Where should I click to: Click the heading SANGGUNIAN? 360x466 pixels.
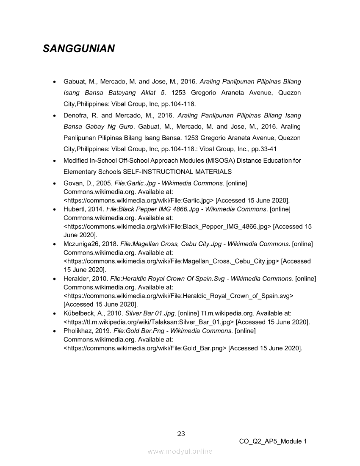coord(79,49)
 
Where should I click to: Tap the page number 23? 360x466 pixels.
coord(181,433)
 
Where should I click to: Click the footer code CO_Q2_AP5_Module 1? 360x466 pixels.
coord(273,441)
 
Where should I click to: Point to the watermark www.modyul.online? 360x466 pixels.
coord(180,452)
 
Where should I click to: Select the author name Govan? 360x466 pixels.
coord(72,183)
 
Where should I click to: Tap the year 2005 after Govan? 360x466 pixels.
coord(103,183)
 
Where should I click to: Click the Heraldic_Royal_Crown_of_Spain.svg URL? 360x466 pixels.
coord(178,296)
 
